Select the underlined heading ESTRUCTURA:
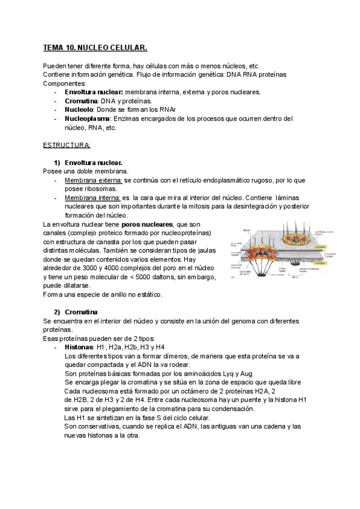coord(67,145)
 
